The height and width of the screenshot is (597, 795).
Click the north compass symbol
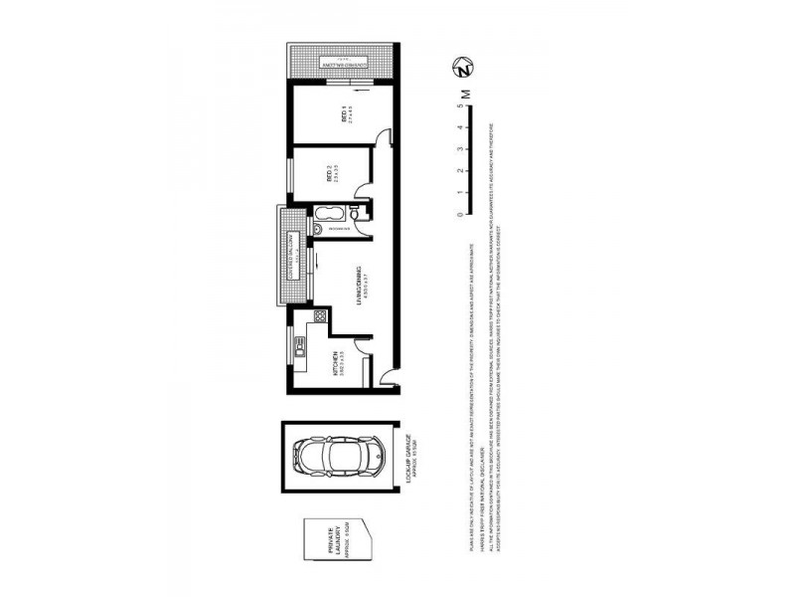[462, 69]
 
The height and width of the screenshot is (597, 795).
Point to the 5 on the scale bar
[460, 106]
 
